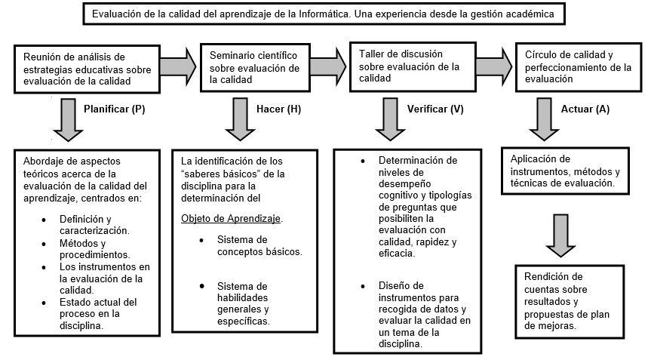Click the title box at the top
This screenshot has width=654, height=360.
pyautogui.click(x=326, y=14)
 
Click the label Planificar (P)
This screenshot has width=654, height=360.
pyautogui.click(x=115, y=109)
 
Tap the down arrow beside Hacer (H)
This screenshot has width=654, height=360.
pyautogui.click(x=241, y=121)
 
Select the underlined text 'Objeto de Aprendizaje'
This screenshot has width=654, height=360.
pyautogui.click(x=231, y=219)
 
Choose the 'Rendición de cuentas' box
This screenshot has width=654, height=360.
pyautogui.click(x=570, y=300)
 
